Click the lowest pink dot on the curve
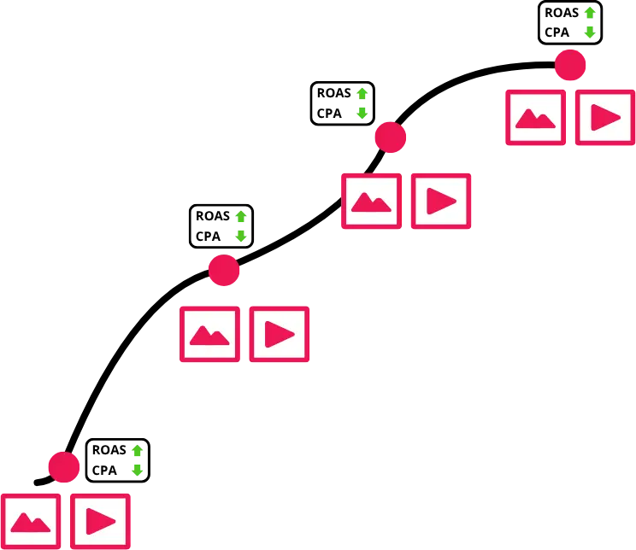coord(64,467)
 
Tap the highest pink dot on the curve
coord(570,65)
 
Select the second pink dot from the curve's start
coord(224,271)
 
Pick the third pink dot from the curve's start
coord(390,137)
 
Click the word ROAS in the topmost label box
coord(562,13)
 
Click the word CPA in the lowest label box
coord(104,471)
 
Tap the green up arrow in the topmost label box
coord(590,13)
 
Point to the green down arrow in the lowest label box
coord(137,471)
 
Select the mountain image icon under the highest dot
coord(535,118)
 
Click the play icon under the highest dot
coord(605,118)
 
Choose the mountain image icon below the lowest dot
coord(31,521)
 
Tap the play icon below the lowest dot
coord(100,521)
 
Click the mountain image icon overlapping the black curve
coord(372,201)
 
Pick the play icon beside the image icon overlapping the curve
coord(441,201)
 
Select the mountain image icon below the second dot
coord(209,334)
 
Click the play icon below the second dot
coord(279,334)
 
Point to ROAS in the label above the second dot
coord(213,216)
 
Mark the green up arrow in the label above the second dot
coord(241,216)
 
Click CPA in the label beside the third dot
coord(329,114)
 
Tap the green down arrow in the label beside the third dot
coord(362,113)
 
